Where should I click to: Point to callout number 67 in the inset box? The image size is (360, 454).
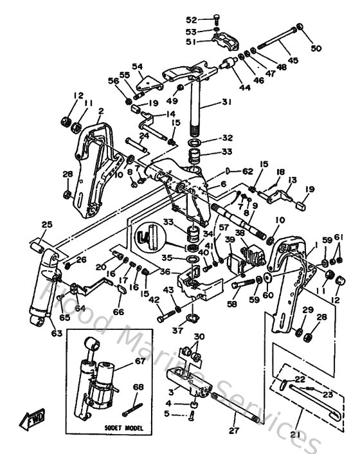[139, 361]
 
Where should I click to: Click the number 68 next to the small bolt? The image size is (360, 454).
[138, 387]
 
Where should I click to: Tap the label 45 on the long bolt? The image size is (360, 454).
[293, 61]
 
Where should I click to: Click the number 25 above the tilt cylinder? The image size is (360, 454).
[46, 224]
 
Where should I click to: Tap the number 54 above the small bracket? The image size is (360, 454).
[137, 66]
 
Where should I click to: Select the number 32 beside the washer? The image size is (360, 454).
[228, 138]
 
